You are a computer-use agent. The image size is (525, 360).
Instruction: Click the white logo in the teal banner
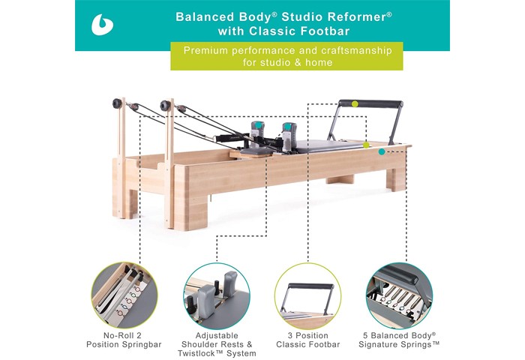coord(101,25)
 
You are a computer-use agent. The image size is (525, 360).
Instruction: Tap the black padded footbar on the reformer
coord(370,103)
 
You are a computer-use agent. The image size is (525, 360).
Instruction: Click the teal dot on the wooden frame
coord(382,151)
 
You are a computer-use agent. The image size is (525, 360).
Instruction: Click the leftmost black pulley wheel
coord(117,103)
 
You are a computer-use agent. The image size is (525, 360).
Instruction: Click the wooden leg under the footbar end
coord(396,178)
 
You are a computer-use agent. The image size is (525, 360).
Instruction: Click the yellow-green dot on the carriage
coord(366,145)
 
